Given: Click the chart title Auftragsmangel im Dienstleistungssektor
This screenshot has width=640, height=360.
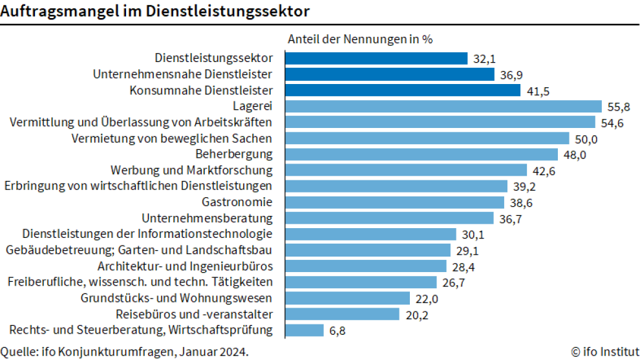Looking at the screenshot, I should [x=155, y=11].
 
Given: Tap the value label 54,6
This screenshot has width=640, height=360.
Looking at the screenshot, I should [x=611, y=123].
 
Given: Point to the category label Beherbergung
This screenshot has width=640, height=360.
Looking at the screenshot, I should [x=234, y=154].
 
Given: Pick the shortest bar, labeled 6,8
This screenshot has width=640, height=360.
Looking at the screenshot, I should [x=304, y=330].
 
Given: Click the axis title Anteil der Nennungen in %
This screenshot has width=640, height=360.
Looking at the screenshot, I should [x=359, y=38].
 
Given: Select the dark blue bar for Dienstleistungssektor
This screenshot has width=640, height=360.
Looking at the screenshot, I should [x=376, y=58].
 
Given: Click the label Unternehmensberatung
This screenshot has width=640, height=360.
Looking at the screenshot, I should [x=207, y=218].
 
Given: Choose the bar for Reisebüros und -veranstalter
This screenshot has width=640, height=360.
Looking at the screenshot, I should [x=342, y=314].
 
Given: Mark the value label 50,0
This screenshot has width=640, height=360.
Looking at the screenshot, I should [x=585, y=139].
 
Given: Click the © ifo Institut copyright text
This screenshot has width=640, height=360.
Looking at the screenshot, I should [x=605, y=352].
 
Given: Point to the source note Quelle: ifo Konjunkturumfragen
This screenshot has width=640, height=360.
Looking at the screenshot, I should [x=124, y=352].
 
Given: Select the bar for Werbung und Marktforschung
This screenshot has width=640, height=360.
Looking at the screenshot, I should [x=406, y=170].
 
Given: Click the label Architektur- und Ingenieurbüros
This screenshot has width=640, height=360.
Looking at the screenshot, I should [x=185, y=266].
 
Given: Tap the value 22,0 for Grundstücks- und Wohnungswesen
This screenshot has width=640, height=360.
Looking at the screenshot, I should [x=426, y=299].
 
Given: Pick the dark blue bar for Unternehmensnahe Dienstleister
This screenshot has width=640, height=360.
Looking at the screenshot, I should [x=390, y=74].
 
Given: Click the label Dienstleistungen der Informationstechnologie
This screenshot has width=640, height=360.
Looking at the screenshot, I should [x=147, y=234].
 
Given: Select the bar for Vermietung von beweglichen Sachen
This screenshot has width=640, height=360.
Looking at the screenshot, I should [x=427, y=138].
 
